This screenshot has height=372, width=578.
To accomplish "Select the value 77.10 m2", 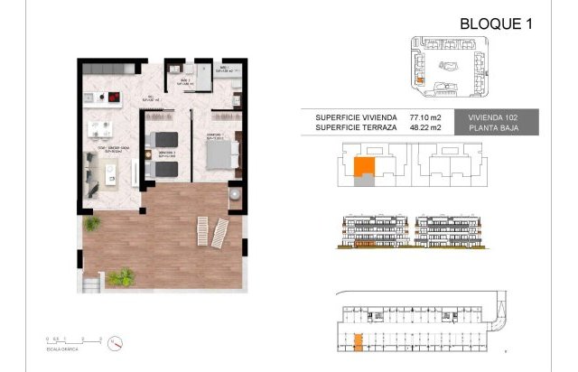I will point(425,116).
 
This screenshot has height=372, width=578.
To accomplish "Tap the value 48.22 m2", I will point(425,127).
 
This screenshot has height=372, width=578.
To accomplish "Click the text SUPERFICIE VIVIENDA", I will point(356,116).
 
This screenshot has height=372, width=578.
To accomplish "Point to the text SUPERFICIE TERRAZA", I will point(355,127).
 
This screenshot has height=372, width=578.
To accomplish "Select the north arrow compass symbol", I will point(116,343).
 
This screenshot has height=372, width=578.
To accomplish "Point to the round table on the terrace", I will point(234,193).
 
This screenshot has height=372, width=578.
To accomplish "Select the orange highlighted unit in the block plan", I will point(362,167).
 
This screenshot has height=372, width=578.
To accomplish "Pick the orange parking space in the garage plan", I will point(358,340).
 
